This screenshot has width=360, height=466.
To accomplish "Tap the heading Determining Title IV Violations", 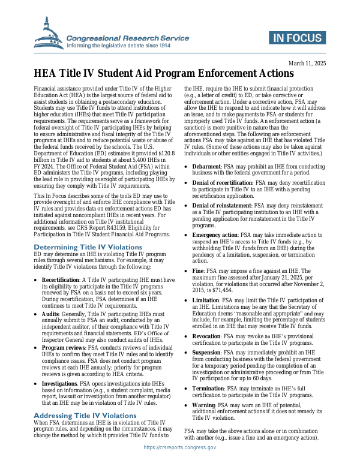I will tap(88, 247).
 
